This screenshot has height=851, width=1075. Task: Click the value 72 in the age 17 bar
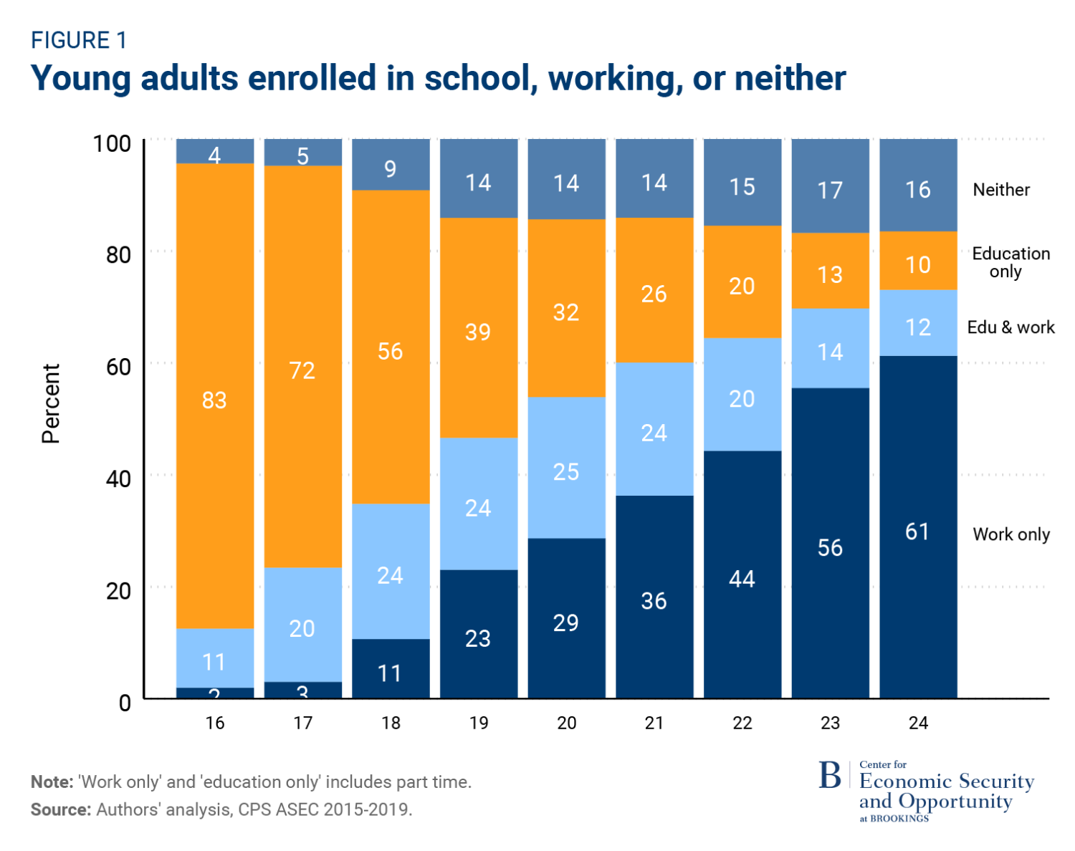click(302, 370)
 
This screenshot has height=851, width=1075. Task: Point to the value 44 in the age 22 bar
click(742, 579)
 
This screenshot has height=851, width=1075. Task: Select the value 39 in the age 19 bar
click(478, 332)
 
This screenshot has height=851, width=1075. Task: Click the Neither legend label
click(1000, 190)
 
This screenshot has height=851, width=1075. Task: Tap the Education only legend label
click(1010, 262)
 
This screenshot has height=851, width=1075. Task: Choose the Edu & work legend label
click(1010, 327)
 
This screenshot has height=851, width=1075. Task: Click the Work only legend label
click(1010, 534)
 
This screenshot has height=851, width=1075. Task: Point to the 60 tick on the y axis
click(119, 367)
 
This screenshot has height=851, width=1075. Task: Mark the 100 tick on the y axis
click(113, 143)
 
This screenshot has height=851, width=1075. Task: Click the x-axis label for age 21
click(654, 723)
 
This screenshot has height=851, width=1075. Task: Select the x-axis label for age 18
click(391, 723)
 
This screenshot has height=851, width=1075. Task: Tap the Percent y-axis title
click(51, 403)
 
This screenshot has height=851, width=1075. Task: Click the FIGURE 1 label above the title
click(79, 41)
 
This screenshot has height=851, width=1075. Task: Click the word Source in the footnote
click(60, 809)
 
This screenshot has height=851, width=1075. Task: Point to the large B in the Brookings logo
click(830, 776)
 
